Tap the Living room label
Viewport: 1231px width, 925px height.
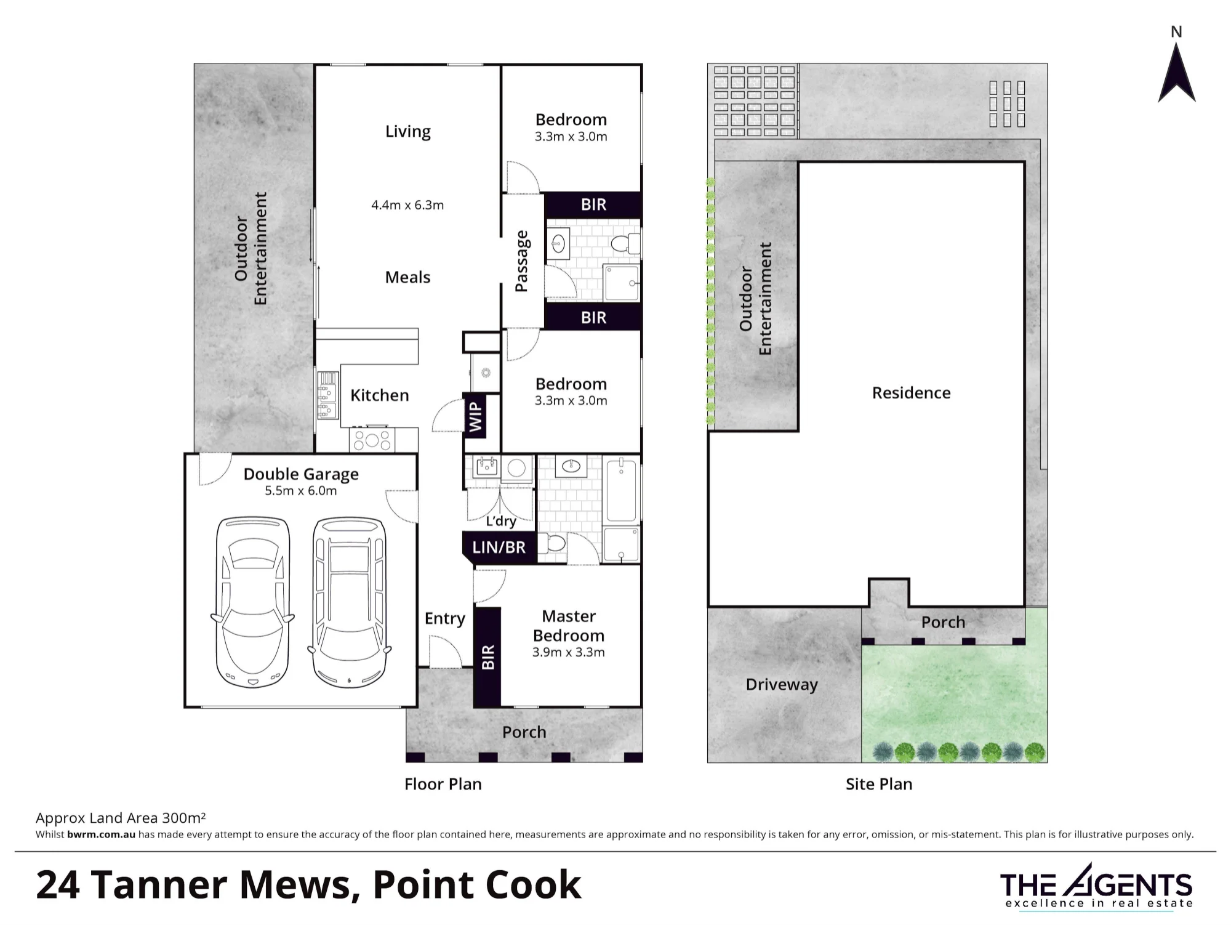pyautogui.click(x=407, y=132)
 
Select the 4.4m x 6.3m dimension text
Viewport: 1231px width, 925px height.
pyautogui.click(x=407, y=205)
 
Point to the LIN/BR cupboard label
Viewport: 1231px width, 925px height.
pyautogui.click(x=499, y=547)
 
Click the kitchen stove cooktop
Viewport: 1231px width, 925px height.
pyautogui.click(x=372, y=440)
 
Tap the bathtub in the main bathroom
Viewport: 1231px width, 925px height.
pyautogui.click(x=621, y=491)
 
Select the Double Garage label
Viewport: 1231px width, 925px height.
pyautogui.click(x=301, y=474)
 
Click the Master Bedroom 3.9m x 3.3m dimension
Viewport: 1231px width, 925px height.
pyautogui.click(x=569, y=652)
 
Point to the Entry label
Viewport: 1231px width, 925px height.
pyautogui.click(x=444, y=619)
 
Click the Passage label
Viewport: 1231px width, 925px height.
pyautogui.click(x=521, y=261)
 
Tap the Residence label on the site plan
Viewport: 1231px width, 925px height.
pyautogui.click(x=911, y=393)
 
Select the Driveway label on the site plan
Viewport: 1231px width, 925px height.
pyautogui.click(x=782, y=685)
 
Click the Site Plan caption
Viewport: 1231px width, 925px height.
pyautogui.click(x=879, y=784)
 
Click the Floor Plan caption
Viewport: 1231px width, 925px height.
pyautogui.click(x=443, y=784)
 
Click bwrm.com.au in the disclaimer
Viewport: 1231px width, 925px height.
pyautogui.click(x=101, y=834)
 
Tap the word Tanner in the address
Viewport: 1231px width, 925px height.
pyautogui.click(x=159, y=885)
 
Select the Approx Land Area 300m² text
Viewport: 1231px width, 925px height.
pyautogui.click(x=121, y=818)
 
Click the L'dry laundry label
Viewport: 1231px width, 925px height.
pyautogui.click(x=500, y=521)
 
